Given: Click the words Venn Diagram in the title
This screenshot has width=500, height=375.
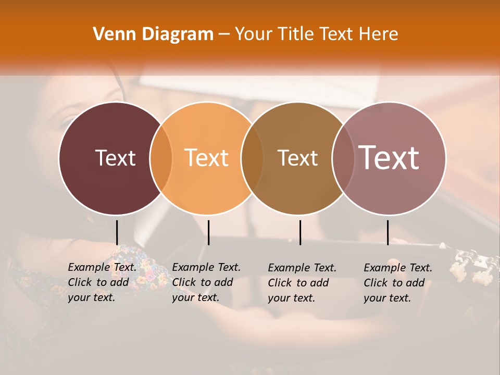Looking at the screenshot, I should coord(153,34).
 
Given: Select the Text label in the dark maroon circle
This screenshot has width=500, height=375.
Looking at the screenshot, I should coord(115,158).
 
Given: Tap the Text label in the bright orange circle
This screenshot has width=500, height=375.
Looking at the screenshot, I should coord(206,158).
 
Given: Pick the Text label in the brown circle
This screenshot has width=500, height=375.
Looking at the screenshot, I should coord(297,158).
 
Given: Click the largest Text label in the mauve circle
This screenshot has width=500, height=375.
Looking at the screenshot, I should coord(389,158).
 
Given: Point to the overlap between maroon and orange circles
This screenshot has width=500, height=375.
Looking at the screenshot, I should coord(161,158).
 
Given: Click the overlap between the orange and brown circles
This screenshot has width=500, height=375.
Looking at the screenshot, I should coord(252,158).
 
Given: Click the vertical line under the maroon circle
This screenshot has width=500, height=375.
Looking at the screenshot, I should coord(117,232).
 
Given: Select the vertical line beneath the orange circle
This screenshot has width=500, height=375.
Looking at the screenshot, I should coord(208,232).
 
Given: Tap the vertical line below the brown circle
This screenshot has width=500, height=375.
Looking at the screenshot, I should coord(300,232).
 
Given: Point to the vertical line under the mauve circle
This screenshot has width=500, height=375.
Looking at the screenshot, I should coord(387,232).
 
